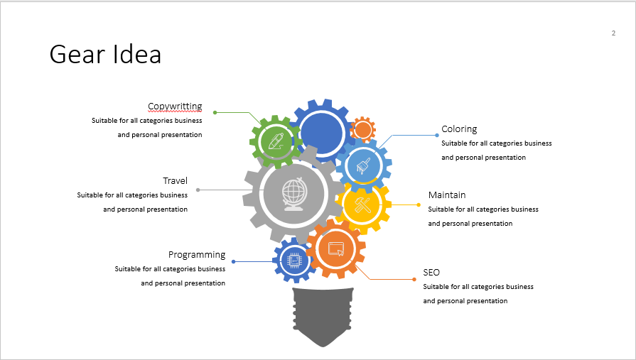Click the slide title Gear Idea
105,55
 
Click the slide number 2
613,33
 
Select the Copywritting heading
175,107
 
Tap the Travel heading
175,181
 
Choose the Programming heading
197,255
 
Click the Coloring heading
459,129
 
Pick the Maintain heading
447,195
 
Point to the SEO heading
431,273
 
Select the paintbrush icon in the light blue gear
362,165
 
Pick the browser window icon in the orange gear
336,249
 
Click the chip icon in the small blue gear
293,261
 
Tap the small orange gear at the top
362,129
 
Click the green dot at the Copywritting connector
215,112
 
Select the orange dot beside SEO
414,279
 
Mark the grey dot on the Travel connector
198,190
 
